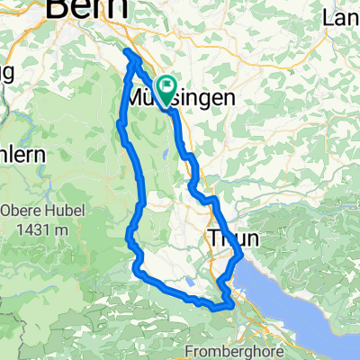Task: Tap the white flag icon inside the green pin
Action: (166, 86)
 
